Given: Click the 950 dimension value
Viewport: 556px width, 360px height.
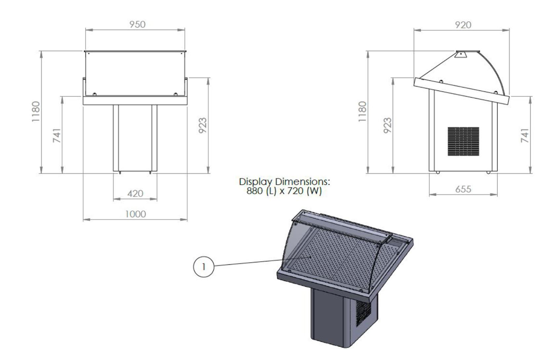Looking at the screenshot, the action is pos(137,24).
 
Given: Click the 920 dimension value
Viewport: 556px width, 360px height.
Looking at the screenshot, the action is pos(463,25).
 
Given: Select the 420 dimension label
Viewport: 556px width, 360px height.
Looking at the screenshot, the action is pos(135,193).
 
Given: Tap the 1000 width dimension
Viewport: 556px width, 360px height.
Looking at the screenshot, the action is pos(135,214).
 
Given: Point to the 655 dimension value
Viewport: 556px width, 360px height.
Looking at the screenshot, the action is pos(463,189).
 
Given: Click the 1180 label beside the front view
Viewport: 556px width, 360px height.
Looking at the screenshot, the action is pos(36,112).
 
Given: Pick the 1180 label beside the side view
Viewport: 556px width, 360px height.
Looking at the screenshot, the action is pos(363,112).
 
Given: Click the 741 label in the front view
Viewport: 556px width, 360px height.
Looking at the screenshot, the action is pos(57,136).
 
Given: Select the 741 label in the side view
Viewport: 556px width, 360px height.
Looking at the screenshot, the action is pos(525,136).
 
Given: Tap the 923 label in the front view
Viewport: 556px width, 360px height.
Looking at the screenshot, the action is pos(202,126).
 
